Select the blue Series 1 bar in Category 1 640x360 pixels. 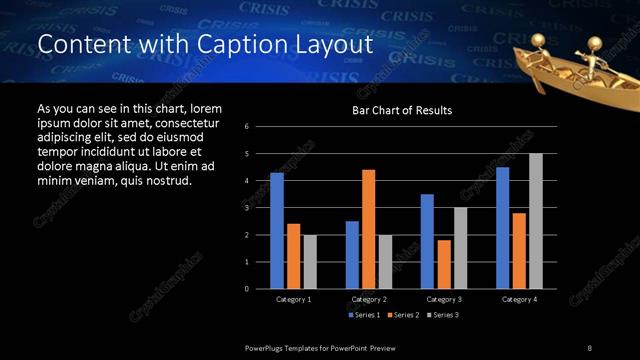point(277,231)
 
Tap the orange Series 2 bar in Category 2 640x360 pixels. point(368,229)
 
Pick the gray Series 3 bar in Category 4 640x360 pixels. point(536,221)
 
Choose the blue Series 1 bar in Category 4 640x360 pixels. point(503,228)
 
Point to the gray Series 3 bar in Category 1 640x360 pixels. point(310,262)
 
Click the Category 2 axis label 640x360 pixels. point(369,299)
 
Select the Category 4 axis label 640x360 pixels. point(519,299)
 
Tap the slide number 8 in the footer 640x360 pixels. point(590,347)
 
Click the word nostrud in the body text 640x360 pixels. point(166,181)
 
